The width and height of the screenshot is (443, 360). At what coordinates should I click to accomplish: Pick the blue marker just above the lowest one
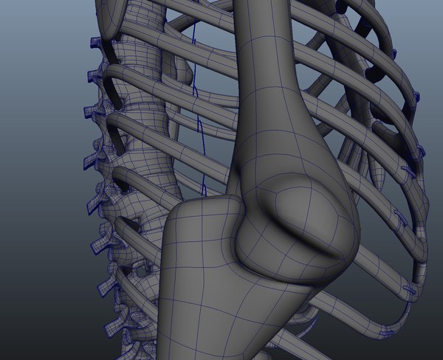pyautogui.click(x=408, y=288)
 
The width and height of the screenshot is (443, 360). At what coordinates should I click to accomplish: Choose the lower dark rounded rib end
pyautogui.click(x=374, y=75)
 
